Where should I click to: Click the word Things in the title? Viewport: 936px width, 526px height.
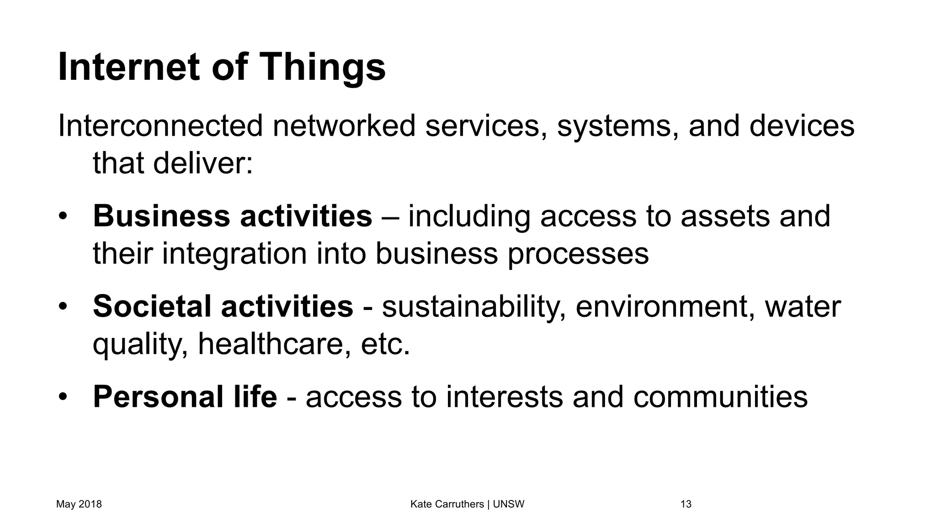[323, 68]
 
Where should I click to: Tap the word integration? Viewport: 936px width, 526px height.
[234, 253]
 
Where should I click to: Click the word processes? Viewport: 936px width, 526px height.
[578, 253]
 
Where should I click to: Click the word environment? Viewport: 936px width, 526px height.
[665, 307]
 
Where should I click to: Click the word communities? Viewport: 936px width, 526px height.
[720, 396]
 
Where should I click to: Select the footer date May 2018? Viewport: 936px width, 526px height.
[79, 504]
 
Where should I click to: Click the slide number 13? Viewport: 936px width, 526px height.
[686, 504]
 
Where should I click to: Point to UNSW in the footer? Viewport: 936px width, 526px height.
[509, 504]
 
